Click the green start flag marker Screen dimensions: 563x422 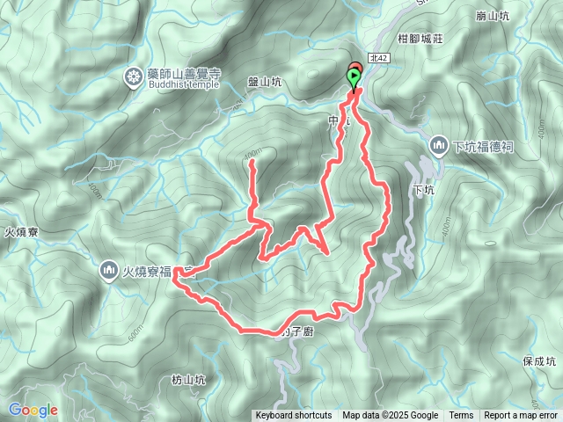click(x=354, y=79)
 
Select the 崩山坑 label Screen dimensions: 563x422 click(x=492, y=17)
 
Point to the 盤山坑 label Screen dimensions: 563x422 click(x=265, y=82)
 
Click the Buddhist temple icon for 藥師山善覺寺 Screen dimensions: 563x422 click(x=134, y=77)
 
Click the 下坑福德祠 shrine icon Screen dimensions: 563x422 click(x=439, y=144)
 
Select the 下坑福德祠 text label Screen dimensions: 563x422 click(x=483, y=145)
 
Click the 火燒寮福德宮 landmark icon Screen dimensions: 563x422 click(x=109, y=269)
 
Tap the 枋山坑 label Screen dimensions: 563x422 click(x=188, y=380)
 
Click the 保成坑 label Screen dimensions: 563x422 click(x=539, y=360)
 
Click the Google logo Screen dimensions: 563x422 click(x=33, y=410)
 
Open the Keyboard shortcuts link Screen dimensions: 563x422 click(x=293, y=416)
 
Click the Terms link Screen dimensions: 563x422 click(x=461, y=416)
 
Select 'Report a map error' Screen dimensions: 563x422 click(x=522, y=416)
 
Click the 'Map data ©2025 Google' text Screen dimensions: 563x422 click(x=391, y=416)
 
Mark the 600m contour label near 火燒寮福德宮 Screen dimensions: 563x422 click(x=135, y=335)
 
